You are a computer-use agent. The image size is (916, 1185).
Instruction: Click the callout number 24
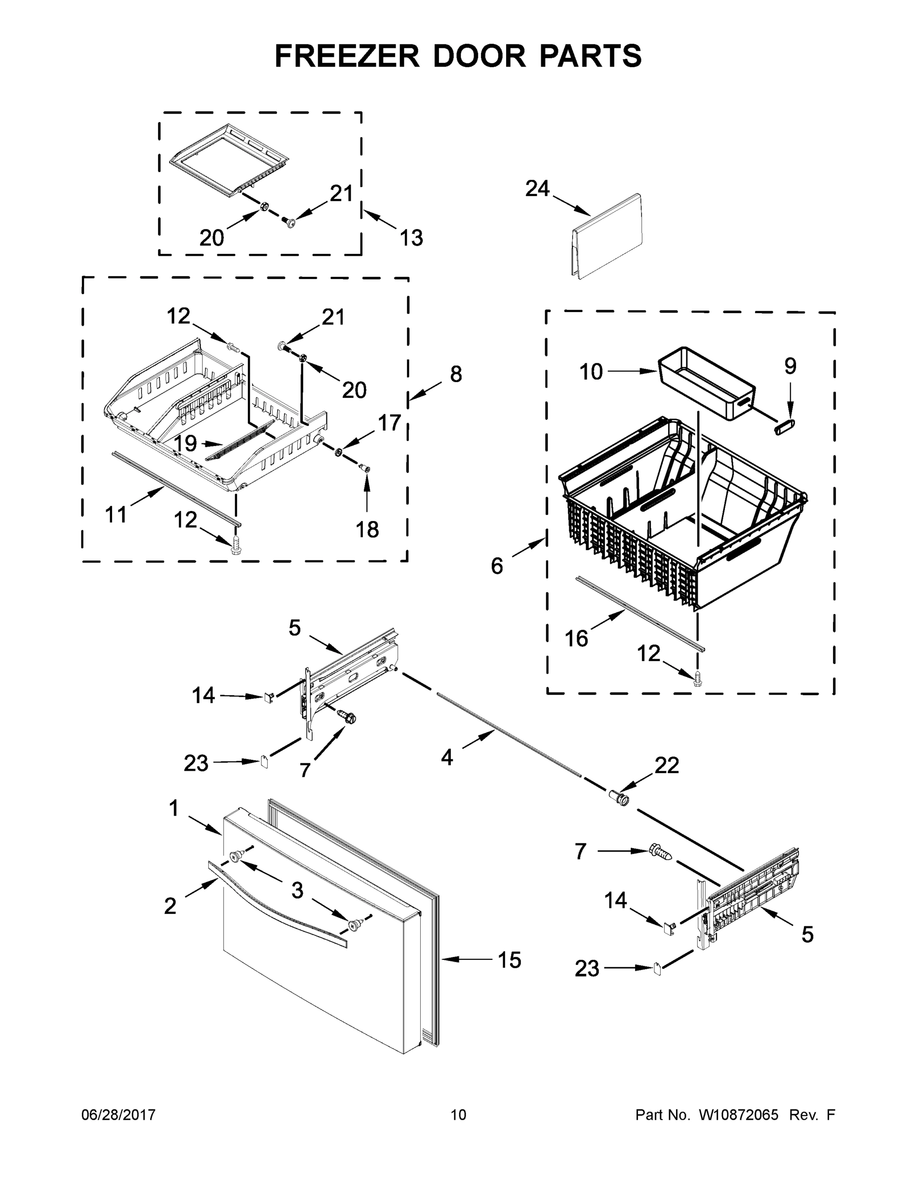pos(537,189)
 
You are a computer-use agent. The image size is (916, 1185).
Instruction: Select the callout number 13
pos(411,237)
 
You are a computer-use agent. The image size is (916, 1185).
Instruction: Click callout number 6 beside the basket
pos(497,566)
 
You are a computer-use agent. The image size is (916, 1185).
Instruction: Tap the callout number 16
pos(576,638)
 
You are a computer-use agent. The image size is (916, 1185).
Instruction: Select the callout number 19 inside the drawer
pos(186,443)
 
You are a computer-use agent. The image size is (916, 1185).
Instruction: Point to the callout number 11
pos(116,514)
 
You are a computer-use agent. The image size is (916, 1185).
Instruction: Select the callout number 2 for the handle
pos(170,906)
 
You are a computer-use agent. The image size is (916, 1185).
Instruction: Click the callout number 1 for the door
pos(174,808)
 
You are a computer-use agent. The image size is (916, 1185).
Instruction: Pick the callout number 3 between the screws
pos(297,890)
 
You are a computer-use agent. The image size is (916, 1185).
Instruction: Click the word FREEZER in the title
pos(347,56)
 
